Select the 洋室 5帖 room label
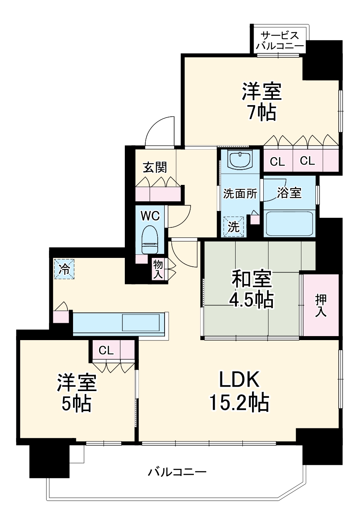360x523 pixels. point(76,393)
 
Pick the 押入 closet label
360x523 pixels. point(321,306)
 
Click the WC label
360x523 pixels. point(150,216)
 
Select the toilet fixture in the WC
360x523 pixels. point(150,240)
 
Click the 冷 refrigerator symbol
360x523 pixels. point(64,269)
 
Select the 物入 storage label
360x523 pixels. point(158,270)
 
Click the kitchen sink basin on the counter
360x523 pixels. point(141,322)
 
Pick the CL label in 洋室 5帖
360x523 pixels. point(106,351)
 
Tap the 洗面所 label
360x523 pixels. point(240,194)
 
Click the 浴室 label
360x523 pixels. point(289,193)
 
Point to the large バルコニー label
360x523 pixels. point(177,472)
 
